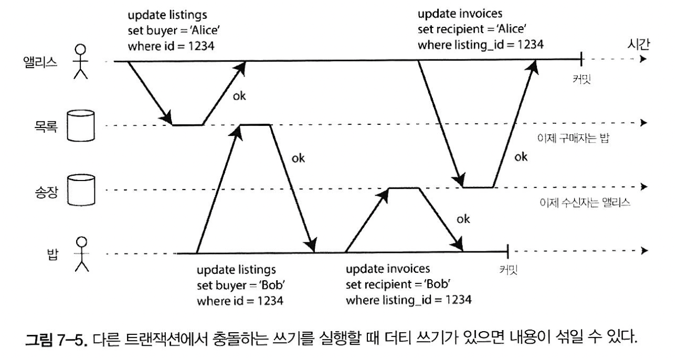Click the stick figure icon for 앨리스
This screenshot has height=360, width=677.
coord(80,62)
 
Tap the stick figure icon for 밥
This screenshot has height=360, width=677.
coord(80,254)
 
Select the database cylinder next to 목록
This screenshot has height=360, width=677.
coord(80,126)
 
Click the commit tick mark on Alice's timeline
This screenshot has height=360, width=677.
coord(581,61)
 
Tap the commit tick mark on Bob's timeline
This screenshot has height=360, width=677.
coord(507,253)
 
